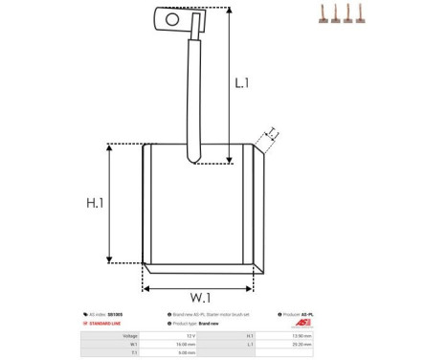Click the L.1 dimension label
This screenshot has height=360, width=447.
pos(242,83)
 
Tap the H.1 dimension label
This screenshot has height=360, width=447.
pos(95,203)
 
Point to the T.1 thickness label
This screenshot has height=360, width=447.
pos(271,132)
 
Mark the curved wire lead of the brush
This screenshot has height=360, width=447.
pos(194,96)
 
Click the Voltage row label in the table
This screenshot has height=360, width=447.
pos(130,336)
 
